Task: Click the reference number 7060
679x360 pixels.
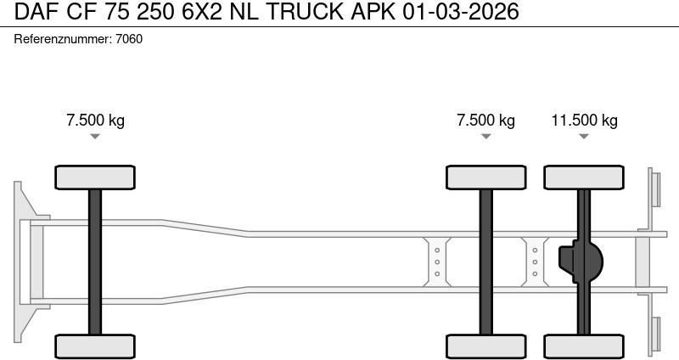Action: [129, 39]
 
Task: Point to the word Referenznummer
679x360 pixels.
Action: [62, 39]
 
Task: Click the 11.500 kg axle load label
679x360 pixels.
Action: [584, 120]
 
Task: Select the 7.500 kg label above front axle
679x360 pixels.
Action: [95, 120]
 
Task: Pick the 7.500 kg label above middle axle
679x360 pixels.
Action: [485, 120]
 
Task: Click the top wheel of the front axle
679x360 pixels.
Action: [95, 177]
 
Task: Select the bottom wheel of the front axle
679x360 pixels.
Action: [95, 346]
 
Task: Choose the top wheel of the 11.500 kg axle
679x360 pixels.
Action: [584, 177]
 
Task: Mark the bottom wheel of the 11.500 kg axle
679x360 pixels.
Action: [584, 346]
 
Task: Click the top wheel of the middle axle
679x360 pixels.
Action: [485, 177]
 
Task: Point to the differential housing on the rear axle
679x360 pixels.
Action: [579, 262]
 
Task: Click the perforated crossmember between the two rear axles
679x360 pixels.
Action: [535, 262]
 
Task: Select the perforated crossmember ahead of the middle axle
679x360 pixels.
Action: [437, 262]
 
